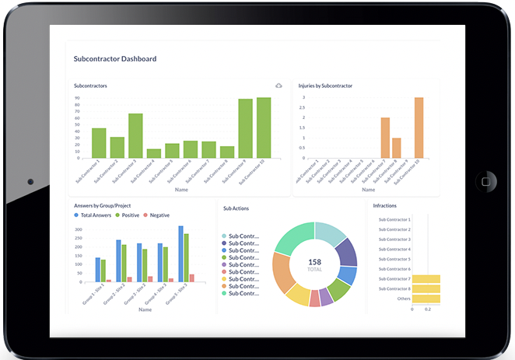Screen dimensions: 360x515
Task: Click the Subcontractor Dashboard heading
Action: pyautogui.click(x=114, y=58)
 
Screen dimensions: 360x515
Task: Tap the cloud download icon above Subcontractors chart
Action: pyautogui.click(x=279, y=85)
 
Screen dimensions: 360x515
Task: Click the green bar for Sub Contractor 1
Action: pyautogui.click(x=99, y=142)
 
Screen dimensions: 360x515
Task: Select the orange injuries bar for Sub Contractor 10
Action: pyautogui.click(x=419, y=128)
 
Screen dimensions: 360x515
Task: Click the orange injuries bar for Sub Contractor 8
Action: pyautogui.click(x=397, y=148)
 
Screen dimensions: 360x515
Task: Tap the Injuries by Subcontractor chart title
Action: pyautogui.click(x=326, y=85)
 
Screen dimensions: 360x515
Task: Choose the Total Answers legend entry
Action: pyautogui.click(x=94, y=215)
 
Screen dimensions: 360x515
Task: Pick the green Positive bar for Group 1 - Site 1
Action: pyautogui.click(x=103, y=270)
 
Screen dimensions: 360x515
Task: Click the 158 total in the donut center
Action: pyautogui.click(x=315, y=263)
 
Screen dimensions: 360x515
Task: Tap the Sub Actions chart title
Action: pyautogui.click(x=236, y=208)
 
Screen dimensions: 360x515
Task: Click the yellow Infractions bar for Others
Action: pyautogui.click(x=426, y=298)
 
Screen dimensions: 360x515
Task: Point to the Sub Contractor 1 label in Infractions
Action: pyautogui.click(x=394, y=220)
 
